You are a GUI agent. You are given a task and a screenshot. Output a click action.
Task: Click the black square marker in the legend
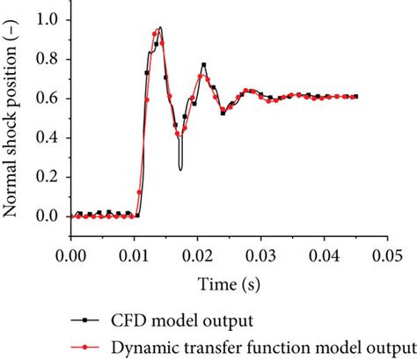[x=84, y=320]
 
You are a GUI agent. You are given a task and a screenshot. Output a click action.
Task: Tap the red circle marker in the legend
[x=84, y=347]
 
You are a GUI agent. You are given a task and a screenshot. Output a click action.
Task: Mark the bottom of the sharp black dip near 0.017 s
[x=180, y=169]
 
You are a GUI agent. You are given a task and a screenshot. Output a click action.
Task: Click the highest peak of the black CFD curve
[x=160, y=27]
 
